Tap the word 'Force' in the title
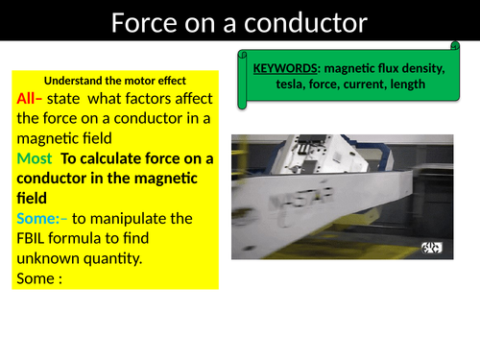145,21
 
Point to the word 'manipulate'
138,219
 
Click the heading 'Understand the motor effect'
114,80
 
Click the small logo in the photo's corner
432,248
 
